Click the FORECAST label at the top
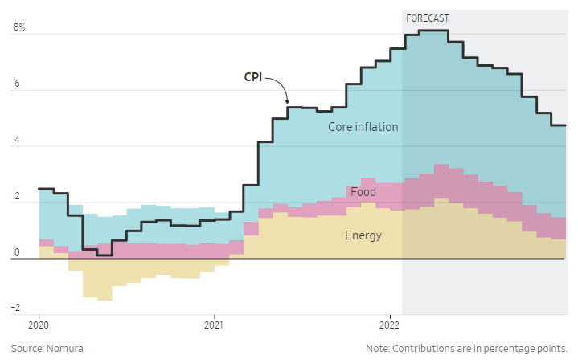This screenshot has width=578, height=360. click(x=428, y=18)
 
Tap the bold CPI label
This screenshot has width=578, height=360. click(x=253, y=77)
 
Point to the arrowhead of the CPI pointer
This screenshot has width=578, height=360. click(x=287, y=102)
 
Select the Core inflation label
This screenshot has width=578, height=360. click(x=363, y=127)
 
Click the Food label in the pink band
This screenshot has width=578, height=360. click(x=363, y=192)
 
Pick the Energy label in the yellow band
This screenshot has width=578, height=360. click(x=363, y=235)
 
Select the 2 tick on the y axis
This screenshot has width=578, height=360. click(x=16, y=198)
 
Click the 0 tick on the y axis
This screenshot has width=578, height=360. click(x=16, y=254)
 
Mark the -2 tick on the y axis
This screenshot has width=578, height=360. click(x=14, y=308)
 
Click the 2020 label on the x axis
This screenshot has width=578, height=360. click(x=39, y=325)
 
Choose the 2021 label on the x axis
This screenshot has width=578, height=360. click(x=214, y=325)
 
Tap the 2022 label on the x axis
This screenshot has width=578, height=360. click(x=389, y=325)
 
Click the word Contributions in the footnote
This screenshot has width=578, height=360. click(x=425, y=349)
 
